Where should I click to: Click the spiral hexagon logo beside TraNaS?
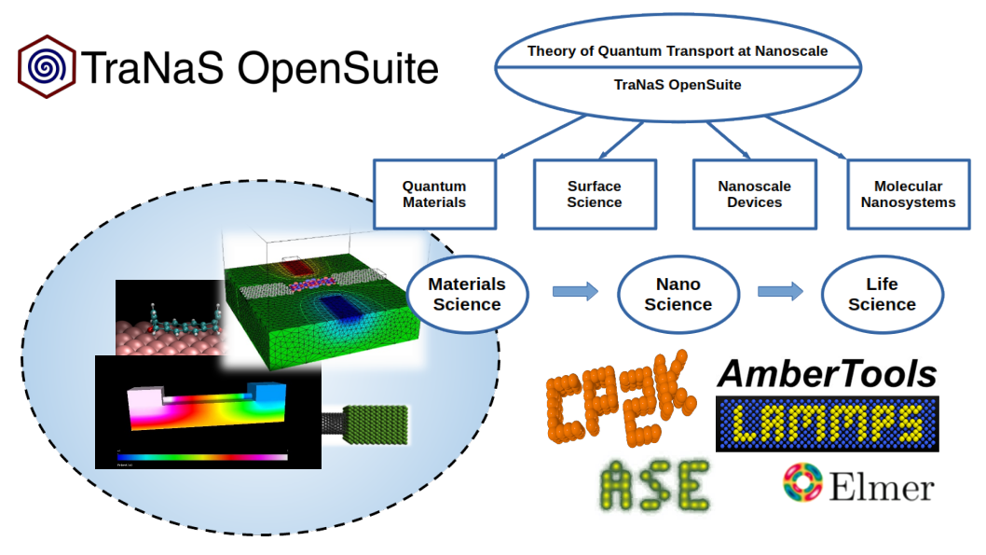[47, 66]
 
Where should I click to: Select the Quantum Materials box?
[434, 194]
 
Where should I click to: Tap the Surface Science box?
[594, 194]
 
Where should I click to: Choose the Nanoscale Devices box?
[754, 194]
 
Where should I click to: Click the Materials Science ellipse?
[467, 294]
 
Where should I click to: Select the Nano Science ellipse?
[678, 294]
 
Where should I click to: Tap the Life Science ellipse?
[882, 294]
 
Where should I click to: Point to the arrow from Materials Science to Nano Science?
[575, 293]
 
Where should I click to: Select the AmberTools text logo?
[827, 374]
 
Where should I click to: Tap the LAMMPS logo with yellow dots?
[827, 423]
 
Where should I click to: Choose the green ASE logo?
[655, 485]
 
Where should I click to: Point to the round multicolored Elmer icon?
[801, 482]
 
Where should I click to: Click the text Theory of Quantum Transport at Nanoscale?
[678, 51]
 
